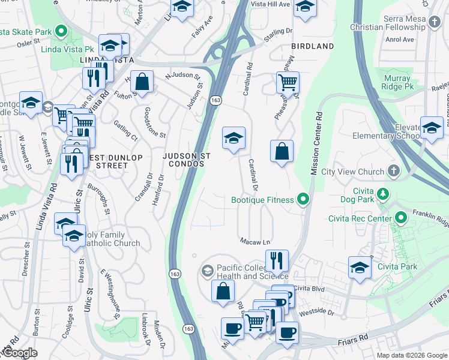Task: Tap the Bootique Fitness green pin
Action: [303, 200]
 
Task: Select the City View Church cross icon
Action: [393, 172]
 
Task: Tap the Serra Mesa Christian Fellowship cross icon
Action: [434, 23]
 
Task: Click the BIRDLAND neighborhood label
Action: [312, 46]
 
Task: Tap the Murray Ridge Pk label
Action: [396, 83]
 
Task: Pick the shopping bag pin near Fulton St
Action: [142, 83]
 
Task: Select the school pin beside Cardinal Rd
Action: [234, 139]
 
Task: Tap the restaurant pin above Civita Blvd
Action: [277, 260]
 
